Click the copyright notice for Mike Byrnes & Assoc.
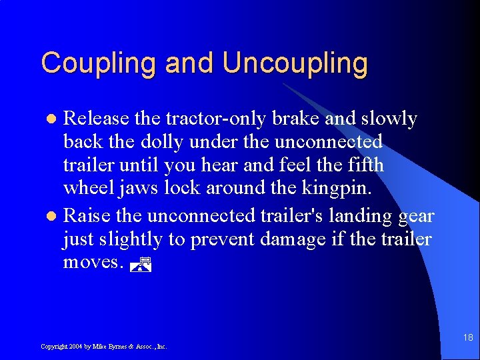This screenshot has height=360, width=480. click(x=103, y=347)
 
